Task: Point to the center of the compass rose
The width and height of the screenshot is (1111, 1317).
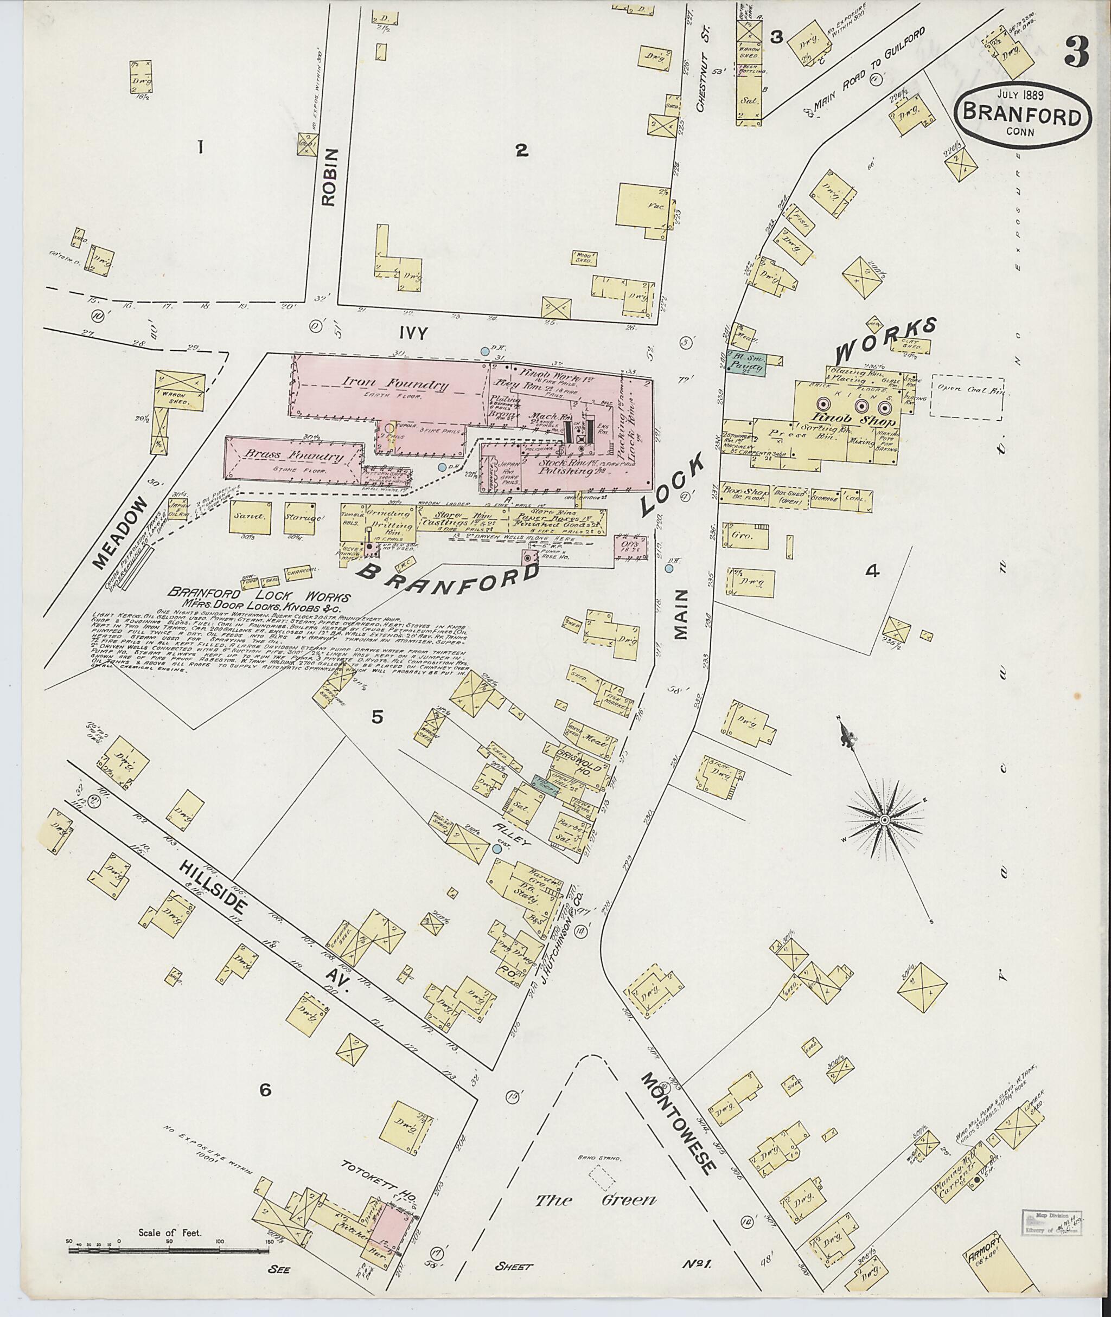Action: [x=884, y=820]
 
